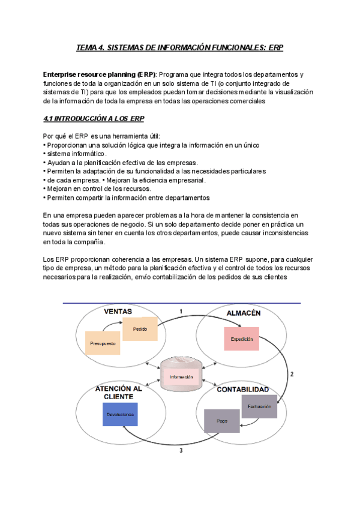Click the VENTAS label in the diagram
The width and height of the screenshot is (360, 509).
click(118, 312)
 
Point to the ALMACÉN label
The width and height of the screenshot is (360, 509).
click(243, 313)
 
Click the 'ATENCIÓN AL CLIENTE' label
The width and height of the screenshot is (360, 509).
click(118, 393)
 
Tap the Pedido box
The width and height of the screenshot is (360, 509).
click(140, 330)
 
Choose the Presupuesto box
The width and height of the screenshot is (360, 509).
click(103, 343)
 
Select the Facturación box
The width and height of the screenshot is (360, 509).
click(259, 406)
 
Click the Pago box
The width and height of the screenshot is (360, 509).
click(221, 420)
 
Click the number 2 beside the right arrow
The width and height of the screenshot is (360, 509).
click(292, 374)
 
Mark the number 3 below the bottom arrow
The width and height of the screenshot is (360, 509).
click(181, 452)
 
